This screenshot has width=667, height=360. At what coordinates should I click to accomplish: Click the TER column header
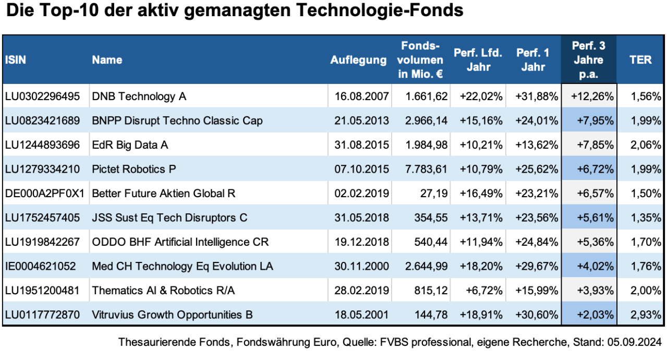(x=640, y=59)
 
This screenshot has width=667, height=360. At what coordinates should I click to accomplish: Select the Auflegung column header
(x=358, y=60)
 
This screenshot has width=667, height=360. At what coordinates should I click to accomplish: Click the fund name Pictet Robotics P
(x=134, y=169)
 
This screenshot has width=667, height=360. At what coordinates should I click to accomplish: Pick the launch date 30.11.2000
(x=361, y=266)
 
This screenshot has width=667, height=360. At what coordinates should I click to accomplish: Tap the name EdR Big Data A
(x=130, y=145)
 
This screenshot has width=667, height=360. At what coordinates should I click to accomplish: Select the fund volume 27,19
(x=433, y=193)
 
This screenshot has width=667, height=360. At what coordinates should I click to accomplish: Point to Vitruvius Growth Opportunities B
(x=172, y=315)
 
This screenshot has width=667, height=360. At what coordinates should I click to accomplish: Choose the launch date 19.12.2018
(x=361, y=242)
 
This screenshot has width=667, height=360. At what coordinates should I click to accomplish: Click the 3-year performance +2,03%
(x=595, y=315)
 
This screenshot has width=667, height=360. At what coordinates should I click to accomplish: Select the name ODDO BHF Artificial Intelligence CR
(x=180, y=242)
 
